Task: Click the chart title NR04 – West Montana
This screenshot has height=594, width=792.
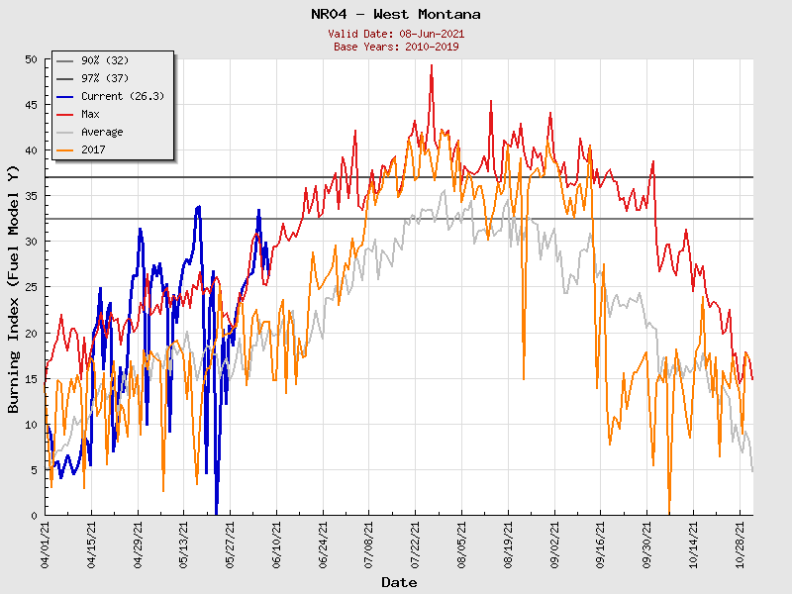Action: pyautogui.click(x=395, y=14)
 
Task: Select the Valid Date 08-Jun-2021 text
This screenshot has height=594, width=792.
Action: pyautogui.click(x=395, y=34)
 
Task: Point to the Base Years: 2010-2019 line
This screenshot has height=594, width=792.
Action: pyautogui.click(x=395, y=47)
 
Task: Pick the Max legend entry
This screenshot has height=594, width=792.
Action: pyautogui.click(x=91, y=115)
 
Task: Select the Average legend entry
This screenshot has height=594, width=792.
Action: pyautogui.click(x=102, y=133)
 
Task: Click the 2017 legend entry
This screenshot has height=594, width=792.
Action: pyautogui.click(x=94, y=150)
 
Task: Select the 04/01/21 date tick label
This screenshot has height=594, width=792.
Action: pyautogui.click(x=46, y=543)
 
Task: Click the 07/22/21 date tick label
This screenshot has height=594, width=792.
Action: pyautogui.click(x=417, y=543)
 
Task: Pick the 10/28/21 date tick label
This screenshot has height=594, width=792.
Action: pyautogui.click(x=742, y=543)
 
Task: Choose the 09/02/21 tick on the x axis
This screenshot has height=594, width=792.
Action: pyautogui.click(x=555, y=543)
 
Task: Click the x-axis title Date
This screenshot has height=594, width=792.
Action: pyautogui.click(x=399, y=582)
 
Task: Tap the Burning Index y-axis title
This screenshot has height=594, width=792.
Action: pyautogui.click(x=14, y=287)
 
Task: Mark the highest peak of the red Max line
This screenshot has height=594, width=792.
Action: pyautogui.click(x=432, y=65)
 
